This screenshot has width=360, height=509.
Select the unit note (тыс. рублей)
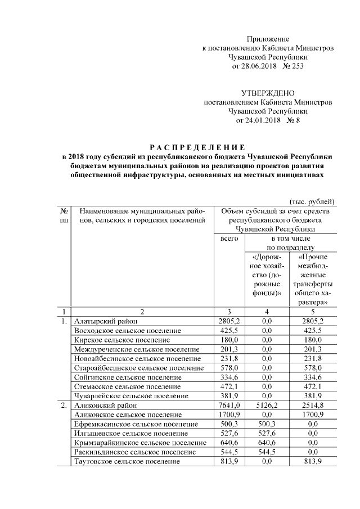click(x=312, y=201)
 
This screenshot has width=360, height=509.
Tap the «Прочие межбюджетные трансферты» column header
click(x=313, y=279)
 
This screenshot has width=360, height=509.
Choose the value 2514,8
click(x=313, y=404)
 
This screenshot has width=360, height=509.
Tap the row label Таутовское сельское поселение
click(x=127, y=461)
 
